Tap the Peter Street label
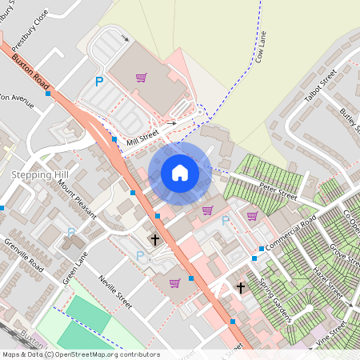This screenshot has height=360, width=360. coord(278,191)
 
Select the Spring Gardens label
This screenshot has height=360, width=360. coord(274,297)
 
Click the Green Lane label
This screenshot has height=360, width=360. coord(74,267)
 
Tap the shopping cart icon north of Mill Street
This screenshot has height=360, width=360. coord(141,78)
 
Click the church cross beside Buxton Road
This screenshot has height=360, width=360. coord(155,238)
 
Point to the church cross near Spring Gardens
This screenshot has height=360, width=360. coord(240,288)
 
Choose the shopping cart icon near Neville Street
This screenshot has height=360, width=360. coord(174,282)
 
